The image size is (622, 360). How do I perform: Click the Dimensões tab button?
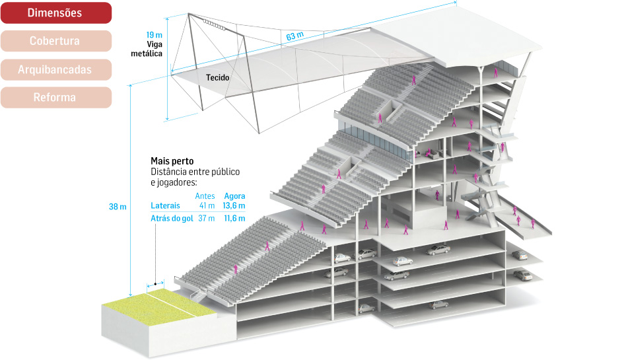click(x=55, y=13)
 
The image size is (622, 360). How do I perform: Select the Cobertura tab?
click(x=55, y=41)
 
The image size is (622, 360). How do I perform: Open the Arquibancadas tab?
click(x=55, y=69)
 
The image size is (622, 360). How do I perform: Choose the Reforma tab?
click(x=55, y=98)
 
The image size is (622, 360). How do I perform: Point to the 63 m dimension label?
click(x=295, y=36)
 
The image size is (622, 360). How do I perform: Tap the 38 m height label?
click(x=118, y=207)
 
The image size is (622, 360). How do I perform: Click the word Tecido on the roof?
click(x=217, y=77)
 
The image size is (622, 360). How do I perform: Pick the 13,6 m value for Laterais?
click(x=234, y=206)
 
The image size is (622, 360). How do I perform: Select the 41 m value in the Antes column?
click(x=207, y=206)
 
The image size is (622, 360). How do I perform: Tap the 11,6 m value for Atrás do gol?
click(x=234, y=219)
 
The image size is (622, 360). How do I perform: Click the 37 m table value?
click(x=207, y=219)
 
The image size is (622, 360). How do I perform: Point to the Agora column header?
click(x=234, y=196)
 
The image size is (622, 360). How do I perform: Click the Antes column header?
click(x=205, y=196)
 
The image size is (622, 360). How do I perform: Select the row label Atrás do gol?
click(x=172, y=219)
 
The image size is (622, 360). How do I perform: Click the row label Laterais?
click(x=165, y=206)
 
